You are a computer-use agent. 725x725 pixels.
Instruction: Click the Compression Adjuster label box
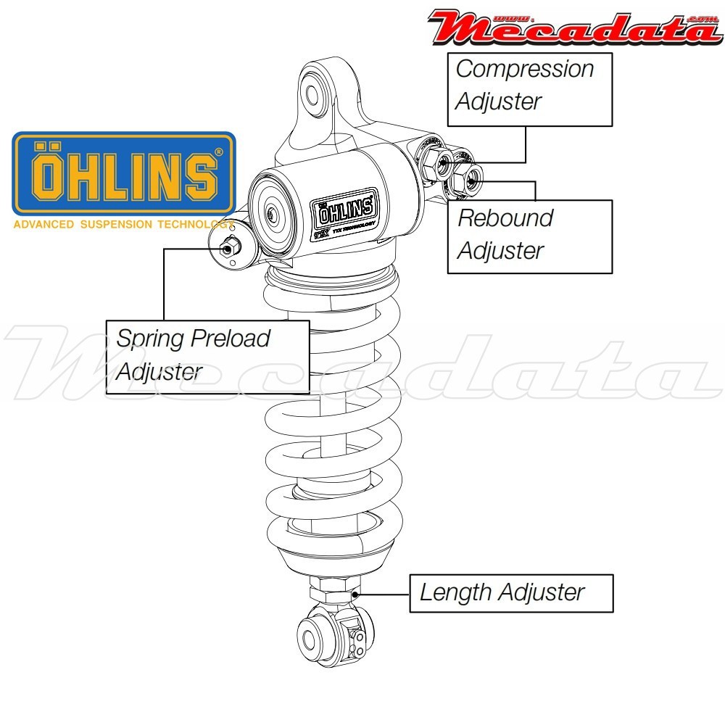click(x=530, y=88)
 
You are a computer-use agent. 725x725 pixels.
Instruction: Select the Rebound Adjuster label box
click(x=530, y=236)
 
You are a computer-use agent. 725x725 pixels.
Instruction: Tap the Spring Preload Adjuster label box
click(x=207, y=356)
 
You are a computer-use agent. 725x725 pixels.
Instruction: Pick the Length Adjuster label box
click(x=511, y=593)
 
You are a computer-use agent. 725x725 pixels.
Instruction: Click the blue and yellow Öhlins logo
click(x=124, y=173)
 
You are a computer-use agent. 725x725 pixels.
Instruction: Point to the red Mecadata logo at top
click(x=572, y=27)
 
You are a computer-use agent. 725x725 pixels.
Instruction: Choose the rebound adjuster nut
click(x=468, y=181)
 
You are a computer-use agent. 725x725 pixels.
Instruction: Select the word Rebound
click(x=505, y=218)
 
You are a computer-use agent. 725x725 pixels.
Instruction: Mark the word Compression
click(x=524, y=70)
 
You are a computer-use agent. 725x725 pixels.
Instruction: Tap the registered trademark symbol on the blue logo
click(x=218, y=153)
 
